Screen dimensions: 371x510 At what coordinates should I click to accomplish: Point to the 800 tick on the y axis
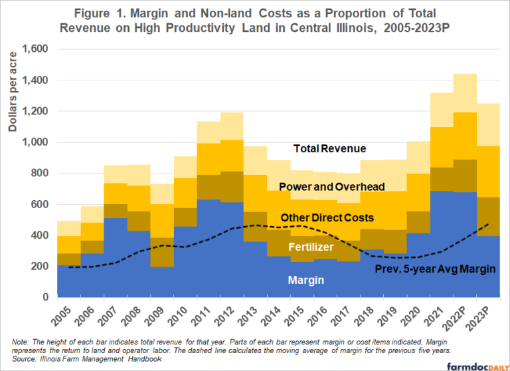(38, 174)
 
